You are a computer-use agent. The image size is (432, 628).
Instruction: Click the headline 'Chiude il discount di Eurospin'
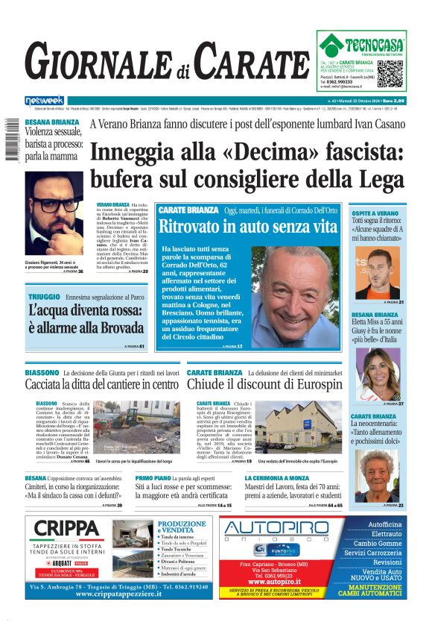[264, 384]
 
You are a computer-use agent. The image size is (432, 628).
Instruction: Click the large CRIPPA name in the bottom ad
[68, 529]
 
